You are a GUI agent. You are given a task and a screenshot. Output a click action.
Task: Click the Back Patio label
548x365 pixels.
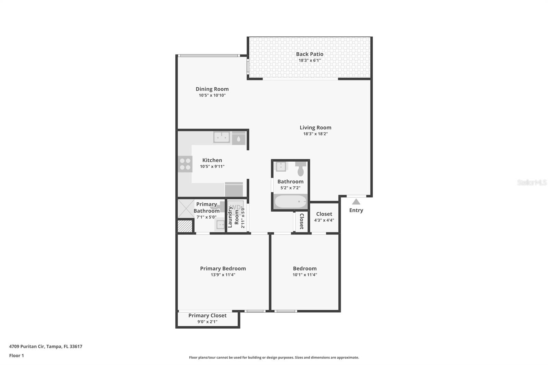[310, 54]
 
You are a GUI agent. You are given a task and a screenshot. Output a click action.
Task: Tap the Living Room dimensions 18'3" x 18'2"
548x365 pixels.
[315, 134]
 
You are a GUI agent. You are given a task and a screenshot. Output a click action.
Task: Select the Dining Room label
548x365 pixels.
[212, 89]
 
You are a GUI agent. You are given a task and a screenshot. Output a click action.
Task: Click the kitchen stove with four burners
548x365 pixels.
[185, 164]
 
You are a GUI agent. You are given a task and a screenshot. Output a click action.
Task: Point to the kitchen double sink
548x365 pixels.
[222, 137]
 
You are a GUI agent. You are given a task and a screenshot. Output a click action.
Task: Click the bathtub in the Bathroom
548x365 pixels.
[291, 202]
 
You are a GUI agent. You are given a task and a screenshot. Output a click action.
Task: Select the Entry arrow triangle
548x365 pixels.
[356, 202]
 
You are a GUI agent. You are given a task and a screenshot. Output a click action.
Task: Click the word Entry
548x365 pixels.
[356, 210]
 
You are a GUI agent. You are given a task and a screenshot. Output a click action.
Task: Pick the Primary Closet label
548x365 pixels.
[207, 315]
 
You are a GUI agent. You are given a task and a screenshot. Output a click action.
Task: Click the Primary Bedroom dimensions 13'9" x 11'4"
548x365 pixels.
[223, 275]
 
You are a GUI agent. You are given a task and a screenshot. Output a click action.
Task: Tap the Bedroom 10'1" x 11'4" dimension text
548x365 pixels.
[304, 275]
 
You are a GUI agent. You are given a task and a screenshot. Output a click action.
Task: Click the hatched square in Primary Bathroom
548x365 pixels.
[185, 227]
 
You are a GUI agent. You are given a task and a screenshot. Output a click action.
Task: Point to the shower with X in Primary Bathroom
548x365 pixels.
[186, 209]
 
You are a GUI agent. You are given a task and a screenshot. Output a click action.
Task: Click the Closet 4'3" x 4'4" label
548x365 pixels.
[324, 214]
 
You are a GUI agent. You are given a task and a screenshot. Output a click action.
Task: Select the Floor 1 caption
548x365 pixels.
[16, 355]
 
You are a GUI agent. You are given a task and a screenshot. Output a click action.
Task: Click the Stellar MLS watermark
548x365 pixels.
[532, 182]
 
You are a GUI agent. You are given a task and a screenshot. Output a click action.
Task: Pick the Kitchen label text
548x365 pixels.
[212, 160]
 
